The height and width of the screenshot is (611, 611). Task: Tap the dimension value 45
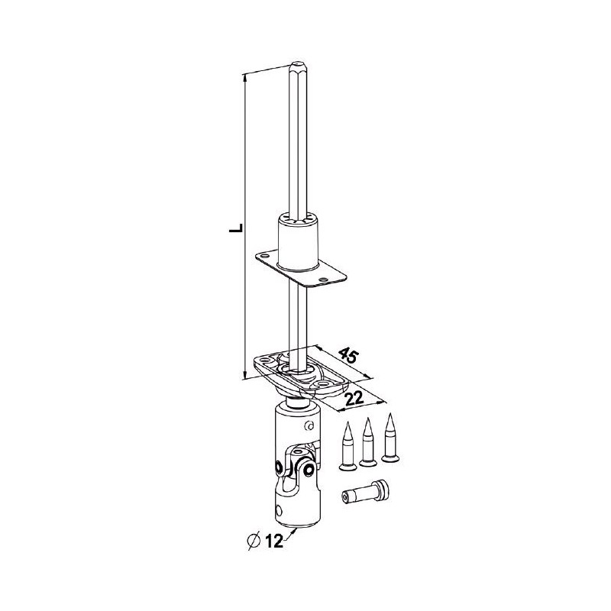click(x=348, y=357)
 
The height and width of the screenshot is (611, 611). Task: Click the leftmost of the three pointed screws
click(x=349, y=442)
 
